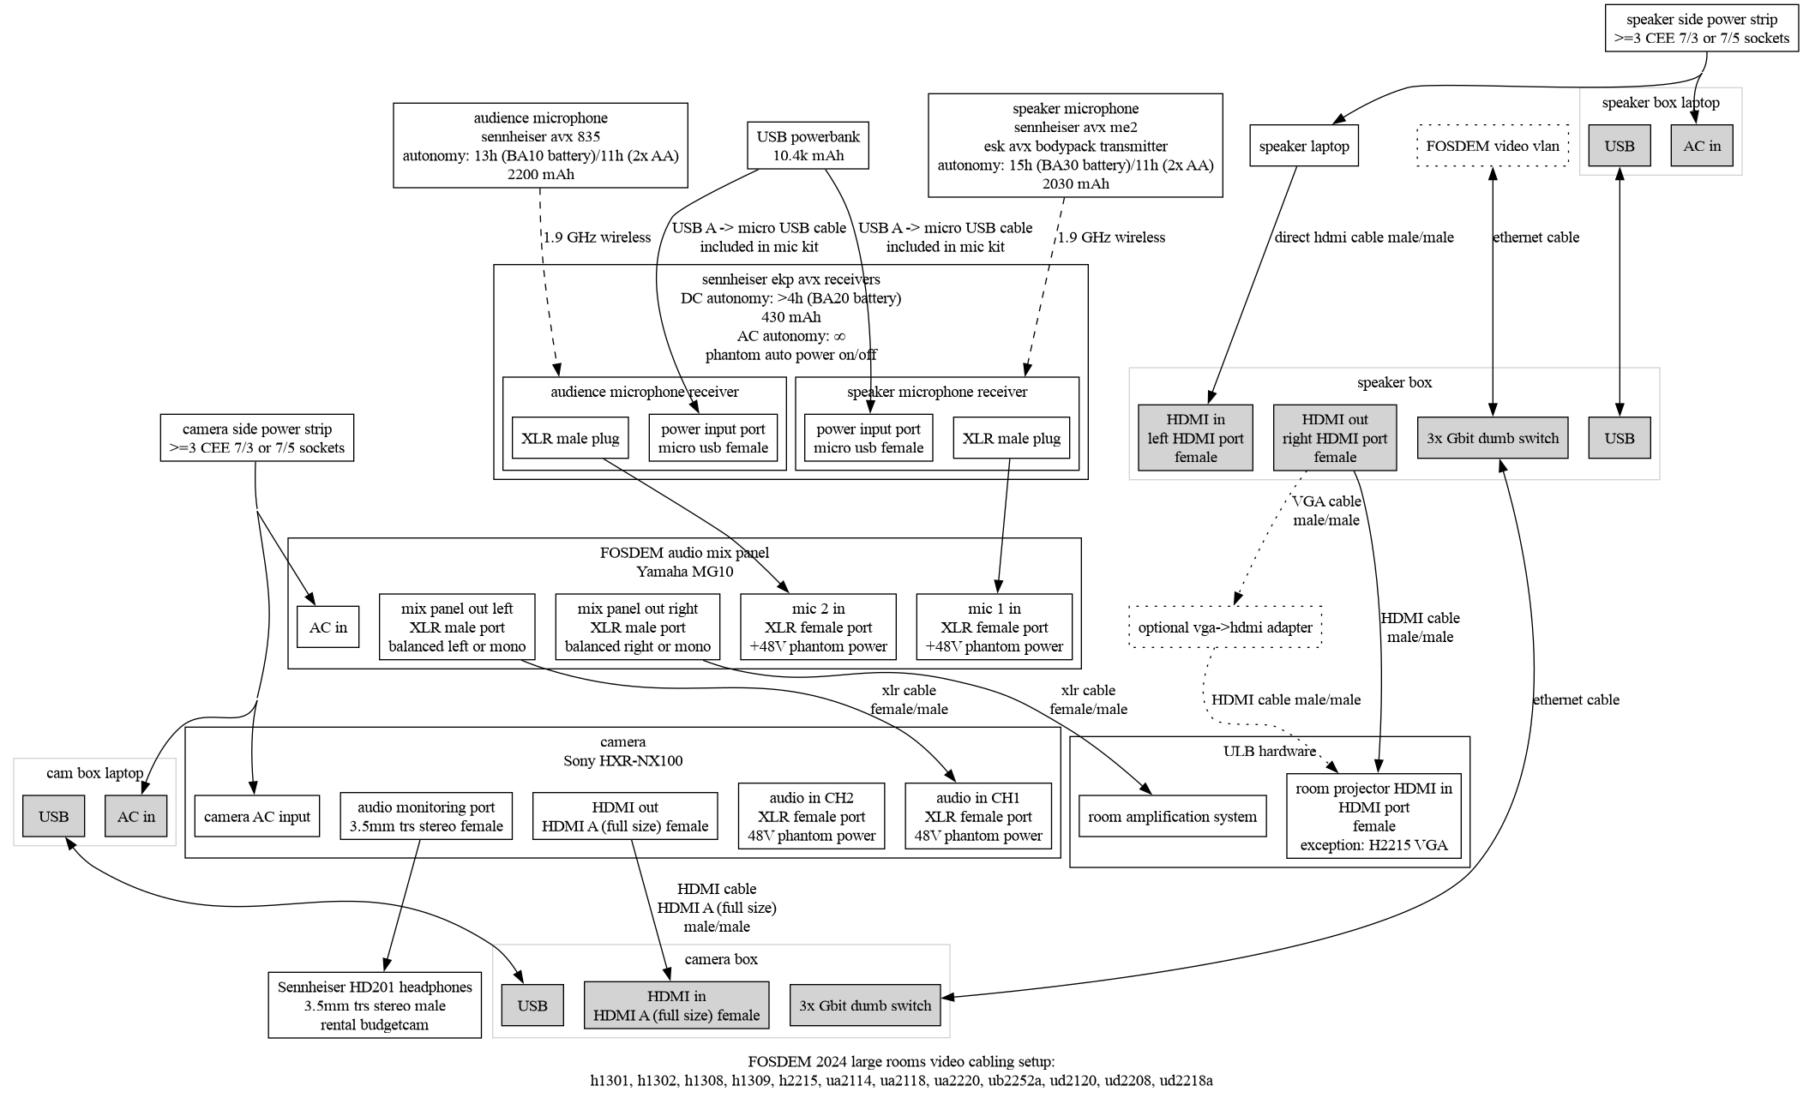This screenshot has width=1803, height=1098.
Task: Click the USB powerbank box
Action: (x=808, y=146)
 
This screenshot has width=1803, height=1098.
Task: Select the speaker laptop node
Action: (x=1303, y=146)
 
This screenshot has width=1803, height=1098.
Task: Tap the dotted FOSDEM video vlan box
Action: (x=1493, y=146)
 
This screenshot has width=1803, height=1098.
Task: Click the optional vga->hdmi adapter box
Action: (x=1225, y=627)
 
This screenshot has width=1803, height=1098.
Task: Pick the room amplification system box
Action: (x=1172, y=816)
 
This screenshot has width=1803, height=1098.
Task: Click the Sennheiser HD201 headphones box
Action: (x=375, y=1005)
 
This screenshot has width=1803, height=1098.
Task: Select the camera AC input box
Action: (x=257, y=816)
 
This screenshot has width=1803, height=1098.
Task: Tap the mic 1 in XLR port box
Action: (x=994, y=627)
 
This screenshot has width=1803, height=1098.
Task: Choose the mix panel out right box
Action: (x=637, y=627)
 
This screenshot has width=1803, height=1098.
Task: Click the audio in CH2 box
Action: (x=811, y=816)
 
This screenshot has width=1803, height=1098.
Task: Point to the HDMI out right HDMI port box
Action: (x=1334, y=438)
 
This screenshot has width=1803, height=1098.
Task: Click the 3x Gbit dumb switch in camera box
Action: (x=865, y=1005)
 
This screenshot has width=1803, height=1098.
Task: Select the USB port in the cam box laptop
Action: (x=53, y=816)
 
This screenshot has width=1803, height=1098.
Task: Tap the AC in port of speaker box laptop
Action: (x=1701, y=146)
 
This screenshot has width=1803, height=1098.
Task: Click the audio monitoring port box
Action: (x=426, y=816)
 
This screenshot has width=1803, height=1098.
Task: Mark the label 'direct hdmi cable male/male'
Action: (x=1363, y=237)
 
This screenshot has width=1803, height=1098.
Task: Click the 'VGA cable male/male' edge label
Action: (x=1325, y=510)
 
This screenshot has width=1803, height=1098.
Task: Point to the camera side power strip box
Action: (x=256, y=438)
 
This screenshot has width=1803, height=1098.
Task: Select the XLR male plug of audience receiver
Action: (x=570, y=438)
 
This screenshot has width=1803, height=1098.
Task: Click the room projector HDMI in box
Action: (x=1373, y=816)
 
